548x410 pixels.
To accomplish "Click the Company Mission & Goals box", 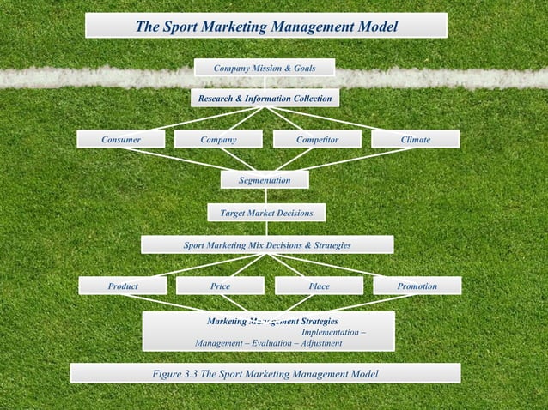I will coord(264,67).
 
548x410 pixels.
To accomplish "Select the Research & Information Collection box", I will coord(265,99).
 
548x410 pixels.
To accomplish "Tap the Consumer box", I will coord(120,139).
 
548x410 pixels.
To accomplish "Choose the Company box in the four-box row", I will coord(218,139).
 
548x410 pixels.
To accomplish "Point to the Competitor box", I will coord(317,139).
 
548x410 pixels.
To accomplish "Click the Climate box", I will coord(415,139).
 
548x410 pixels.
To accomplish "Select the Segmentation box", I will coord(265,180).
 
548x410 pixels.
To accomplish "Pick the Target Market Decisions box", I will coord(266,212).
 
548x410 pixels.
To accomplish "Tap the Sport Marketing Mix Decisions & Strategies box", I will coord(267,245).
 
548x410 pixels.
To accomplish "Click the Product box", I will coord(122,286).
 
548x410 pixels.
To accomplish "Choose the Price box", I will coord(220,286).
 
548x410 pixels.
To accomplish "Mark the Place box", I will coord(319,286).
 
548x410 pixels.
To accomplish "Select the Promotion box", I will coord(417,286).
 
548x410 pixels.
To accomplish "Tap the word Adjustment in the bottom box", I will coord(320,343).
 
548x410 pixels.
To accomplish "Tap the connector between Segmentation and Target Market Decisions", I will coord(265,196).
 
